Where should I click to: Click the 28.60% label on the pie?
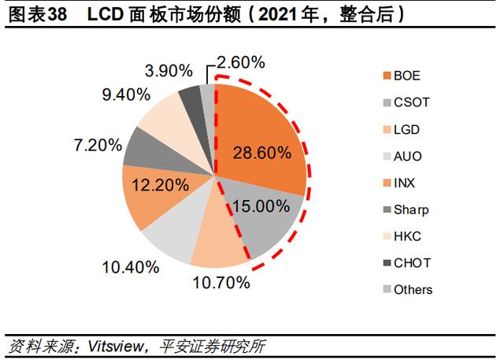[262, 152]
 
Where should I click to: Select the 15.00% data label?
[261, 206]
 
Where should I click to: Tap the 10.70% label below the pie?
[221, 283]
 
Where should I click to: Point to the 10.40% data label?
[131, 267]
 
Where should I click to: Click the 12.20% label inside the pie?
[161, 185]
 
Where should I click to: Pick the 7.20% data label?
[98, 145]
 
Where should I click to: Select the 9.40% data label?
[126, 95]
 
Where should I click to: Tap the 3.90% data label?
[169, 71]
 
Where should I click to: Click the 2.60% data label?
[241, 62]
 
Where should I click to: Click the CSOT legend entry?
[406, 102]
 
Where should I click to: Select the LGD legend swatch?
[387, 130]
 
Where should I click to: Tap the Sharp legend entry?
[406, 210]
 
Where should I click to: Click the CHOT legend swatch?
[387, 263]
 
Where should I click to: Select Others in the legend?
[408, 290]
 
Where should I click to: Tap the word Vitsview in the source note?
[116, 346]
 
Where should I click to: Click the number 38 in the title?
[57, 14]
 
